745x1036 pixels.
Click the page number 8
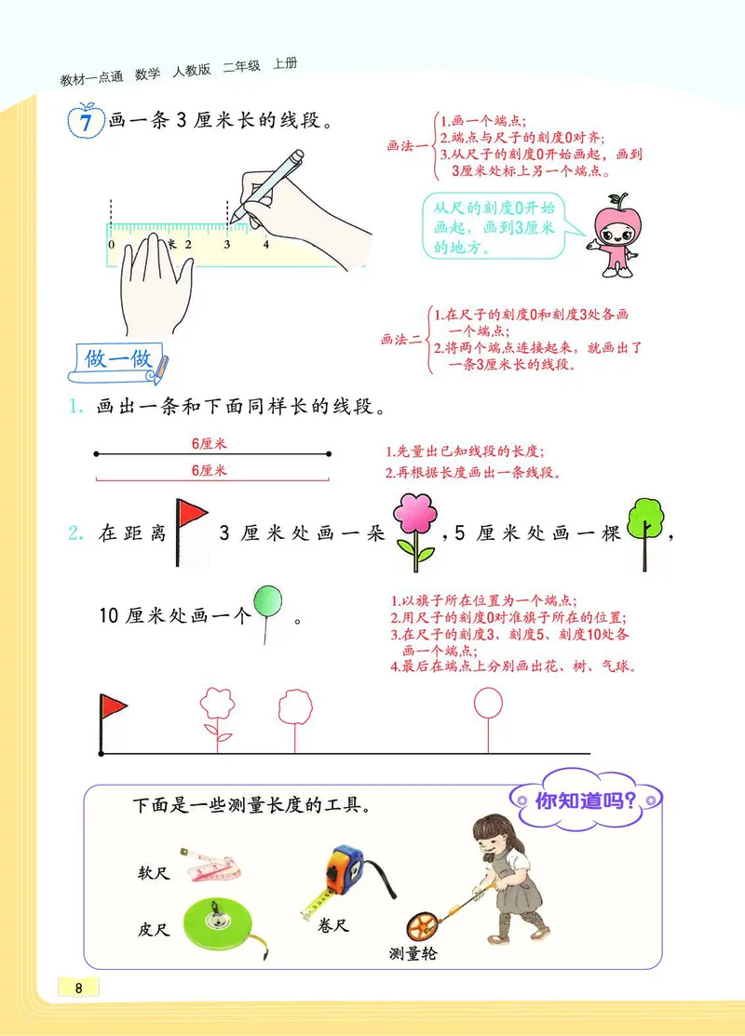(79, 988)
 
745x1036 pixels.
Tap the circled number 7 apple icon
(86, 123)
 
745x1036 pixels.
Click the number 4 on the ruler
(265, 245)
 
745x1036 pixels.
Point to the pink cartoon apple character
(614, 236)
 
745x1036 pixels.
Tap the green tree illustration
(644, 527)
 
